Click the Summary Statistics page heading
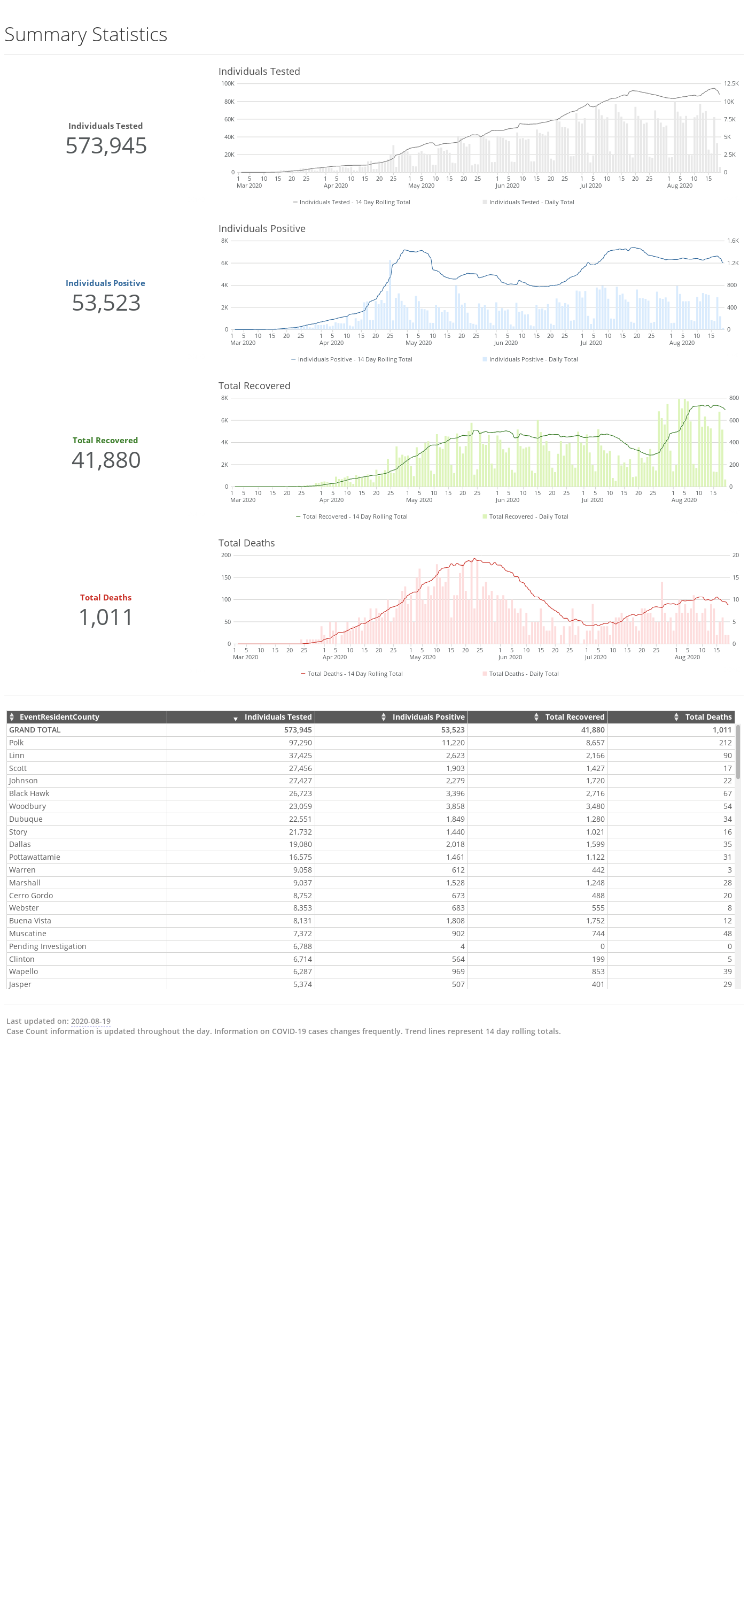[x=86, y=35]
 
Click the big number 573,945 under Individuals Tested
[x=106, y=146]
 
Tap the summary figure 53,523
[x=106, y=303]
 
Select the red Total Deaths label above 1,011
[x=105, y=598]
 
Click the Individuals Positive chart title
[x=261, y=228]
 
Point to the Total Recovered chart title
[x=254, y=386]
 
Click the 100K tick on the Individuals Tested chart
[x=228, y=84]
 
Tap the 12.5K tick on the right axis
[x=731, y=84]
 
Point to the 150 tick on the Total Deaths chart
[x=226, y=578]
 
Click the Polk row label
[x=16, y=743]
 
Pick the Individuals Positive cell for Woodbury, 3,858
[x=455, y=806]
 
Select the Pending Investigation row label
[x=48, y=946]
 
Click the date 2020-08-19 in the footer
[x=90, y=1021]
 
